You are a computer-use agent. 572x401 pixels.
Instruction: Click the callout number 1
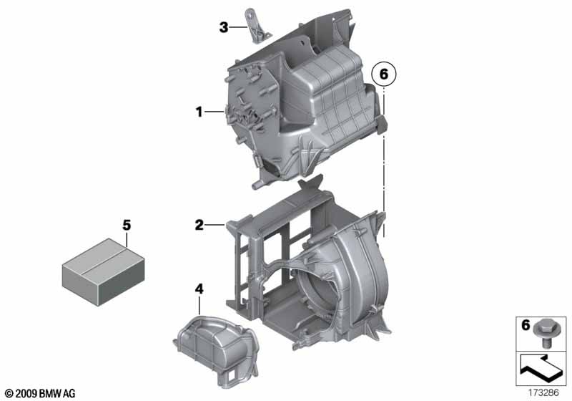pyautogui.click(x=199, y=112)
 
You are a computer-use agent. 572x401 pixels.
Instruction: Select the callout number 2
pyautogui.click(x=199, y=225)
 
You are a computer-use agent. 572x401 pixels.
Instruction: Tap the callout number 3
pyautogui.click(x=224, y=27)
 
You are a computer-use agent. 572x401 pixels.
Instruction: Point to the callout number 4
pyautogui.click(x=199, y=289)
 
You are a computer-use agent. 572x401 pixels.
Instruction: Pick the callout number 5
pyautogui.click(x=127, y=225)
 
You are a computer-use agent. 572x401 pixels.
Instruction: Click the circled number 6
pyautogui.click(x=384, y=74)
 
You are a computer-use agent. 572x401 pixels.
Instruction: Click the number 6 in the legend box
pyautogui.click(x=526, y=324)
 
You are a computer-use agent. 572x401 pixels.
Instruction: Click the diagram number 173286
pyautogui.click(x=543, y=393)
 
